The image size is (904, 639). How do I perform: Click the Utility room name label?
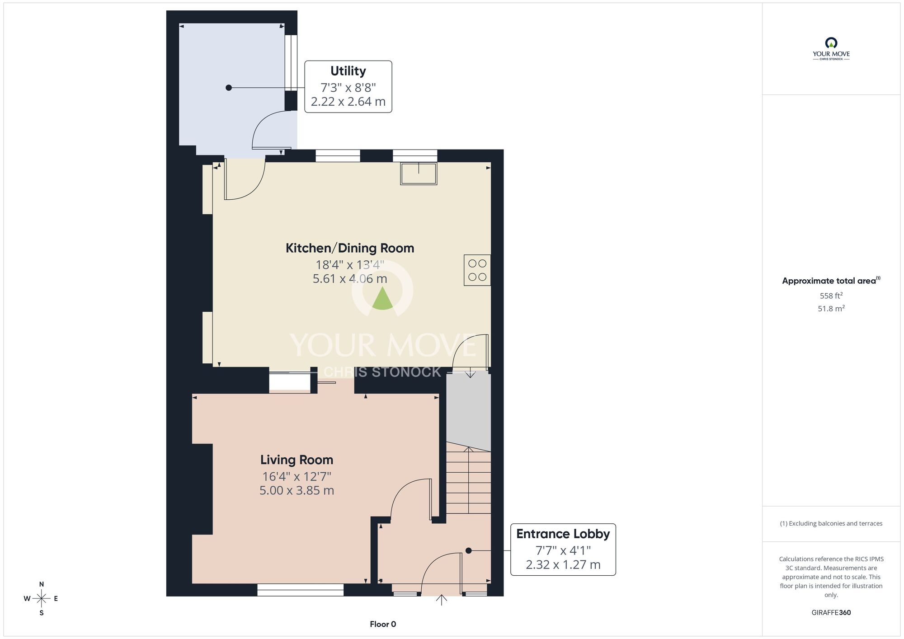[x=348, y=71]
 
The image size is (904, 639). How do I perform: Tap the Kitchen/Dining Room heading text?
[x=350, y=248]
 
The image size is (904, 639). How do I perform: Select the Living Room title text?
[x=297, y=460]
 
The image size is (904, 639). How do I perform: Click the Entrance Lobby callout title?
[x=563, y=534]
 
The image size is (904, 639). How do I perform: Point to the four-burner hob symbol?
[x=477, y=270]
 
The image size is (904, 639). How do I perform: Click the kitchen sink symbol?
[x=419, y=174]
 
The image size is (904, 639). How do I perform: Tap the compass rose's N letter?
[x=42, y=584]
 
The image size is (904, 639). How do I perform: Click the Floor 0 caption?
[x=383, y=624]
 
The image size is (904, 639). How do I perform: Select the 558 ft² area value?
[x=831, y=296]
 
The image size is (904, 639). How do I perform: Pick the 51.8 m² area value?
[x=831, y=309]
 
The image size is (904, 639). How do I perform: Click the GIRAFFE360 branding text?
[x=831, y=613]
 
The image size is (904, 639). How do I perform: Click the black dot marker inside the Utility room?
[x=229, y=88]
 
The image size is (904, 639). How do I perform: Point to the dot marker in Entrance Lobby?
[x=468, y=550]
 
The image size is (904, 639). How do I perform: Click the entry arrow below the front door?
[x=442, y=600]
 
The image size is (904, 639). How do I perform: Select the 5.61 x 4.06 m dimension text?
[x=350, y=279]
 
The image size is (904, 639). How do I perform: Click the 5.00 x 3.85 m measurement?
[x=297, y=490]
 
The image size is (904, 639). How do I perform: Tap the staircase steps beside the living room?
[x=469, y=481]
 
